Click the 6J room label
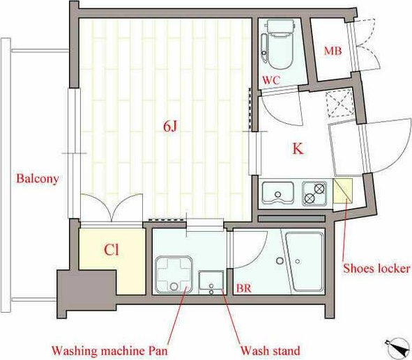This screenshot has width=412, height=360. point(171,125)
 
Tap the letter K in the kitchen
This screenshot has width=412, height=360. point(297,148)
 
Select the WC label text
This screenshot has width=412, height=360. point(271,81)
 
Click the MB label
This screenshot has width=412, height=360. point(332,52)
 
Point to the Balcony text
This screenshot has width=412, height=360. point(37,178)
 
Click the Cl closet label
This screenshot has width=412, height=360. point(112,249)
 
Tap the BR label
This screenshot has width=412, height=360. point(244,288)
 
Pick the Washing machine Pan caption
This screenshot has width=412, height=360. point(110,350)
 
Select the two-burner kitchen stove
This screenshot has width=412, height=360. point(314,193)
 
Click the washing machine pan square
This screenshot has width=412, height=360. point(174,274)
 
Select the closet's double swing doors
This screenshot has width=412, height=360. point(111,208)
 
